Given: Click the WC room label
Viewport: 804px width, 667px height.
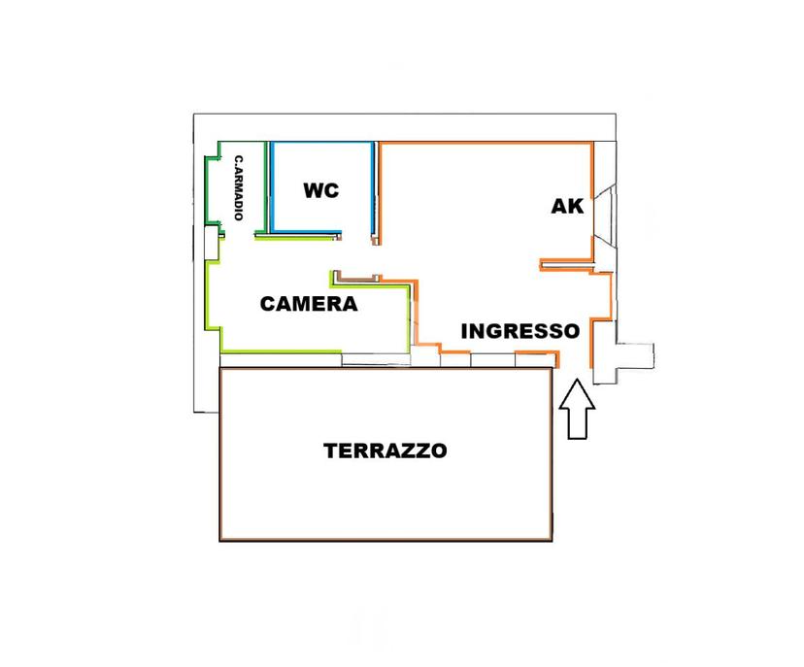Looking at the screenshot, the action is (321, 190).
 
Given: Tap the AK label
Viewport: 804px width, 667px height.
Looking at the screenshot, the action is (567, 206).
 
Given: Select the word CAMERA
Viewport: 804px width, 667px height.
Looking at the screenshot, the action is (309, 304).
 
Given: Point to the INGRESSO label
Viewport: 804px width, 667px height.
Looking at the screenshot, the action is (519, 331).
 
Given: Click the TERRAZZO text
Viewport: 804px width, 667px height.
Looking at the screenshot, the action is (385, 450).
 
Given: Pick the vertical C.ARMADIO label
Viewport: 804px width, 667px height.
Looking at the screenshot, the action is (239, 187).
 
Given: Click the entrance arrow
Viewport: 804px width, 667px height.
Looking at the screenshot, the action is (577, 409).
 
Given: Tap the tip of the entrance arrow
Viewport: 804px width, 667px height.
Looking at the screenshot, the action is (577, 379).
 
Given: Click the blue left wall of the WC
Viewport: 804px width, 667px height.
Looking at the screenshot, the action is (272, 186).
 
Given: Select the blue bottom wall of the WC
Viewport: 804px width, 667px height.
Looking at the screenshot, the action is (306, 232).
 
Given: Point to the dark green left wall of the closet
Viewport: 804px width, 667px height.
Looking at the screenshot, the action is (207, 190).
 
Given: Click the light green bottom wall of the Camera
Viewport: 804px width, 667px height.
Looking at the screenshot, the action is (281, 351).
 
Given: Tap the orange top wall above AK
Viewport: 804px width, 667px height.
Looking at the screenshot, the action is (486, 143).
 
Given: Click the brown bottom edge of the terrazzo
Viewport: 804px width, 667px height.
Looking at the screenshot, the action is (386, 540).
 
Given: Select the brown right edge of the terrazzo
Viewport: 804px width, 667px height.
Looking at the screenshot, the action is (552, 453).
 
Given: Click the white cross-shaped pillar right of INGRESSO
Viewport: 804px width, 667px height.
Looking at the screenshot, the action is (623, 354).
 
